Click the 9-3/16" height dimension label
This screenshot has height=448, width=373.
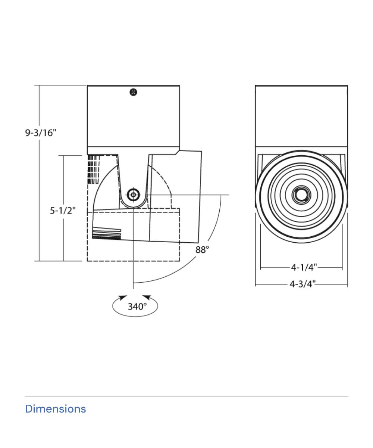pos(41,133)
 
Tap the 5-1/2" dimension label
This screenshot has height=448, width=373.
pos(63,211)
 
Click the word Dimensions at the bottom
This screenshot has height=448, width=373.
pos(55,409)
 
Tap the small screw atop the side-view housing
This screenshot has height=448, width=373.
pos(133,92)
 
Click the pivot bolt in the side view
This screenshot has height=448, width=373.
pos(133,195)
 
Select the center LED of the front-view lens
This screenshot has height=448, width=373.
pos(301,195)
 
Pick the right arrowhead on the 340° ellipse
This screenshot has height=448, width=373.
pos(147,298)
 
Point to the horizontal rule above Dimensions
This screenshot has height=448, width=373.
pos(186,397)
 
